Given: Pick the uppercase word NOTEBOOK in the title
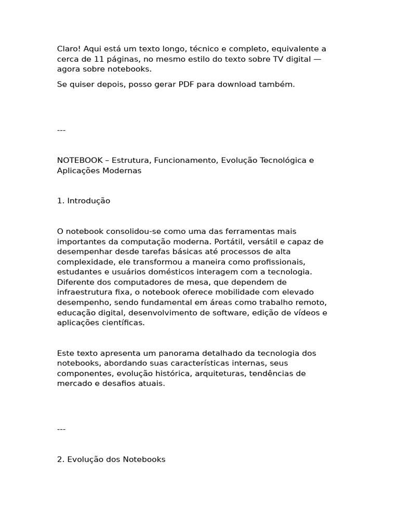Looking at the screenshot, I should pyautogui.click(x=79, y=160).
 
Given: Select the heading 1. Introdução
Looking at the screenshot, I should pyautogui.click(x=84, y=201).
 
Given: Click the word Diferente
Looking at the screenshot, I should pyautogui.click(x=74, y=282).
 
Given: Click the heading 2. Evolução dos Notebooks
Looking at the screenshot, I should pyautogui.click(x=111, y=459).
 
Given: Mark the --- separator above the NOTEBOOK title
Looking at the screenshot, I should pyautogui.click(x=61, y=130).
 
